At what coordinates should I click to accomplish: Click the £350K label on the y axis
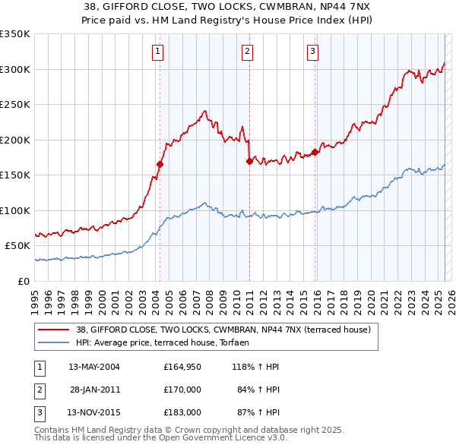pyautogui.click(x=15, y=34)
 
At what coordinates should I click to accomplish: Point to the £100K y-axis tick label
pyautogui.click(x=15, y=210)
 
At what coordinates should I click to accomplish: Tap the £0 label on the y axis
pyautogui.click(x=23, y=281)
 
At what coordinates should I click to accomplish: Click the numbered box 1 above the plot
pyautogui.click(x=157, y=52)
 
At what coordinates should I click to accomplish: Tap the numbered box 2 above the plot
pyautogui.click(x=248, y=52)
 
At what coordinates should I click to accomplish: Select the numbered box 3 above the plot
pyautogui.click(x=312, y=52)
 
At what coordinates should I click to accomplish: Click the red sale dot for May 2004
pyautogui.click(x=160, y=164)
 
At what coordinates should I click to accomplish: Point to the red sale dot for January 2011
pyautogui.click(x=249, y=161)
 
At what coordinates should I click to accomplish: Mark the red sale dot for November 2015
pyautogui.click(x=315, y=152)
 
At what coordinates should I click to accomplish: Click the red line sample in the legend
pyautogui.click(x=55, y=330)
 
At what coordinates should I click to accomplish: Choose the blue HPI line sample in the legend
pyautogui.click(x=55, y=342)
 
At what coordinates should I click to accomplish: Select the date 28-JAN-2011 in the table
pyautogui.click(x=94, y=390)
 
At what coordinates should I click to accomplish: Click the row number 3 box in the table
pyautogui.click(x=38, y=412)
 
